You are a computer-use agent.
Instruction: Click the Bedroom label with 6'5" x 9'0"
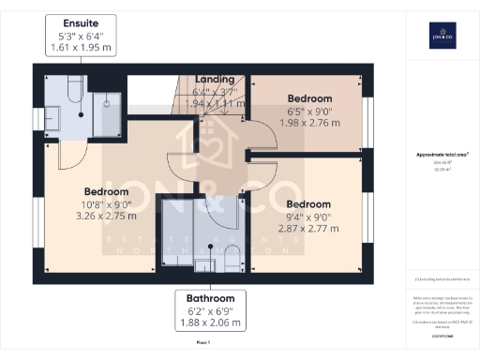[x=310, y=98]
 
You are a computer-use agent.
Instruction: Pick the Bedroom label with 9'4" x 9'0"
[x=308, y=203]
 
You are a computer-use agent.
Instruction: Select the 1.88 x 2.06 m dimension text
[x=209, y=323]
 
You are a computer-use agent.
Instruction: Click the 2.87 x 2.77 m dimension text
[x=308, y=230]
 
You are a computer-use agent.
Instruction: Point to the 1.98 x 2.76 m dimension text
[x=310, y=125]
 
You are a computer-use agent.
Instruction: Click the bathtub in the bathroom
[x=174, y=234]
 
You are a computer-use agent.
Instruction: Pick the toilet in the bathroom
[x=234, y=259]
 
